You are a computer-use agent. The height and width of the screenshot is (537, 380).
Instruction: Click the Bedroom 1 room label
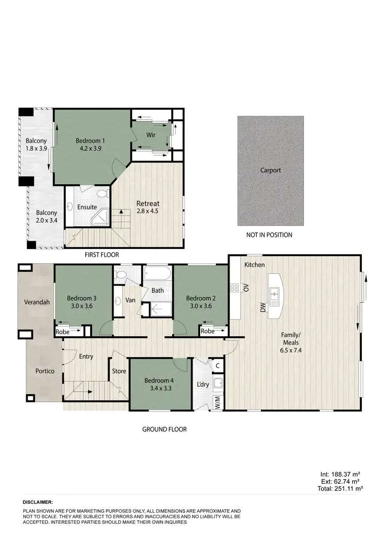[x=90, y=140]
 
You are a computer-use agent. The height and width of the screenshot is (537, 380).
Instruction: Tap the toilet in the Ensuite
[x=103, y=193]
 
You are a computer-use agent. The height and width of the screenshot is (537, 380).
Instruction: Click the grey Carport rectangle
[x=271, y=171]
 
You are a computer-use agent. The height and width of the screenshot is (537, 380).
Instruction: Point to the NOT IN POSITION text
[x=269, y=235]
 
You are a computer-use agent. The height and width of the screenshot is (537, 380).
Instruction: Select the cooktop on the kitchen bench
[x=235, y=288]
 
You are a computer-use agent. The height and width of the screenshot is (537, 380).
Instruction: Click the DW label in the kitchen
[x=263, y=307]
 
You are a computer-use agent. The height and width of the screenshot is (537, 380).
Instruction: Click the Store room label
[x=119, y=371]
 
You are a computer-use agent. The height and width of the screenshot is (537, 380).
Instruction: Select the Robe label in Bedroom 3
[x=62, y=332]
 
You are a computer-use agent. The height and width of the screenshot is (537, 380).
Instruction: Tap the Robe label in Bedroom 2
[x=207, y=332]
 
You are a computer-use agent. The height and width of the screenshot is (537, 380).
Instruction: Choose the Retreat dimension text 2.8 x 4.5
[x=147, y=212]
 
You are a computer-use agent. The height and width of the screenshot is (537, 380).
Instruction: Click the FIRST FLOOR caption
[x=101, y=255]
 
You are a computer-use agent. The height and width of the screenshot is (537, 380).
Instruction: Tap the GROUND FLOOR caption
[x=164, y=429]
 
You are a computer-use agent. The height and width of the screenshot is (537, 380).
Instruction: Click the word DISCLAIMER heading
[x=38, y=502]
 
